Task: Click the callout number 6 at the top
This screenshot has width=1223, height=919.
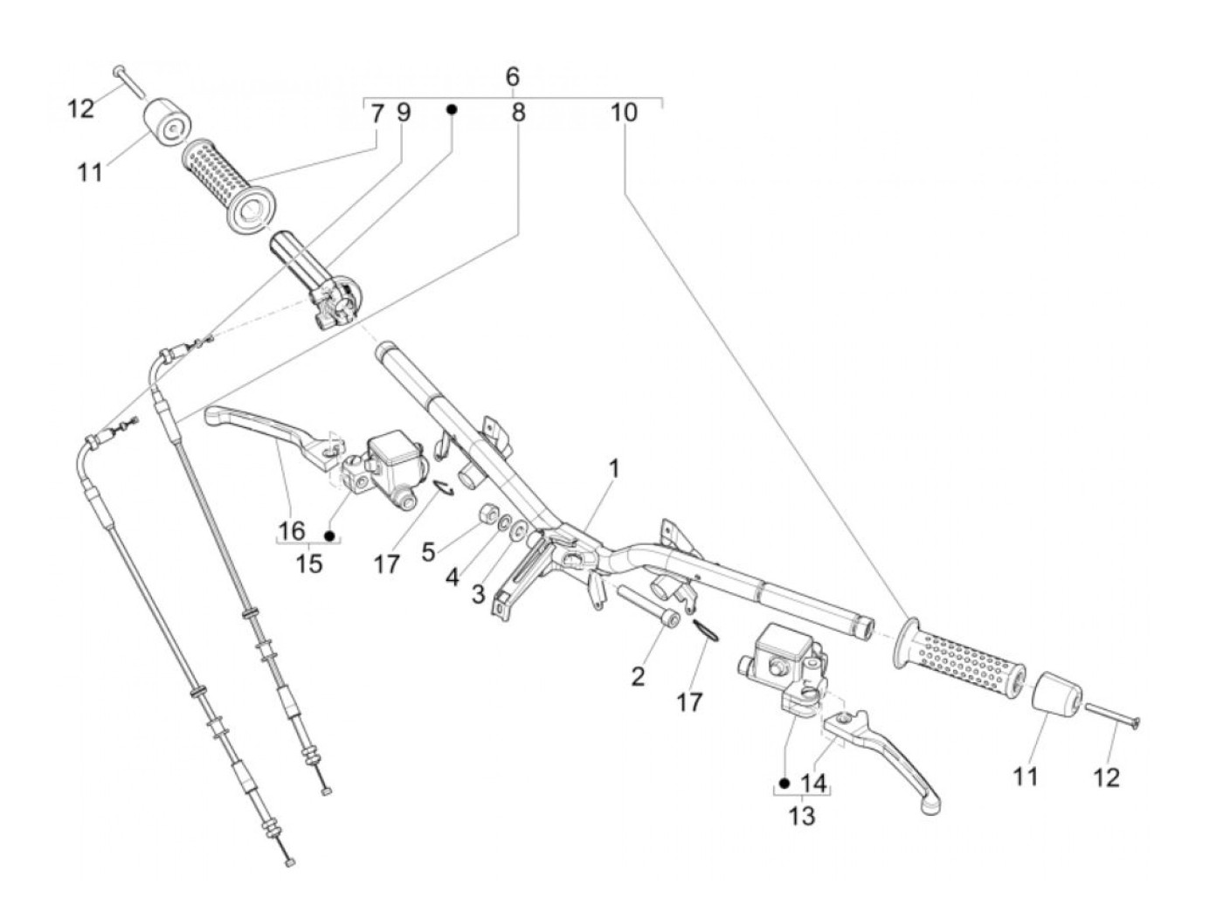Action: coord(513,77)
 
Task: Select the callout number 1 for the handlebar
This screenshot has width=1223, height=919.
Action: coord(614,468)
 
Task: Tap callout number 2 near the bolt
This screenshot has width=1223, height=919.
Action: coord(638,675)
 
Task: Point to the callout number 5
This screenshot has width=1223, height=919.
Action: coord(428,552)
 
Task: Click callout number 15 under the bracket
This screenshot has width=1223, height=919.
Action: coord(309,563)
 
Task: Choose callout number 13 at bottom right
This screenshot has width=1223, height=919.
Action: coord(802,816)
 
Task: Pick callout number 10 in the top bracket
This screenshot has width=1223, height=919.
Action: coord(624,113)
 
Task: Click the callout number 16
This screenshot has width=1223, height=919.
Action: coord(292,530)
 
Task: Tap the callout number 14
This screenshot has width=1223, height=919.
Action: coord(813,783)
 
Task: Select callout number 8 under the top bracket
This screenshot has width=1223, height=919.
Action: coord(519,113)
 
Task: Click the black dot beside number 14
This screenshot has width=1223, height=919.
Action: coord(784,783)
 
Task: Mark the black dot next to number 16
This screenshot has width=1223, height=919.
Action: coord(329,535)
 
